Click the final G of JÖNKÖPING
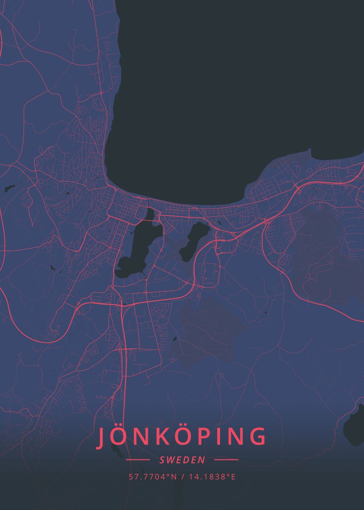pos(257,438)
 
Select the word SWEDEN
pos(182,460)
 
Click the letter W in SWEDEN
pos(172,460)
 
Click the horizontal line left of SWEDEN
pos(138,460)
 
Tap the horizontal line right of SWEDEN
pos(226,460)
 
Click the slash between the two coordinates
pos(182,477)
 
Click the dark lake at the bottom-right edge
pos(355,427)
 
